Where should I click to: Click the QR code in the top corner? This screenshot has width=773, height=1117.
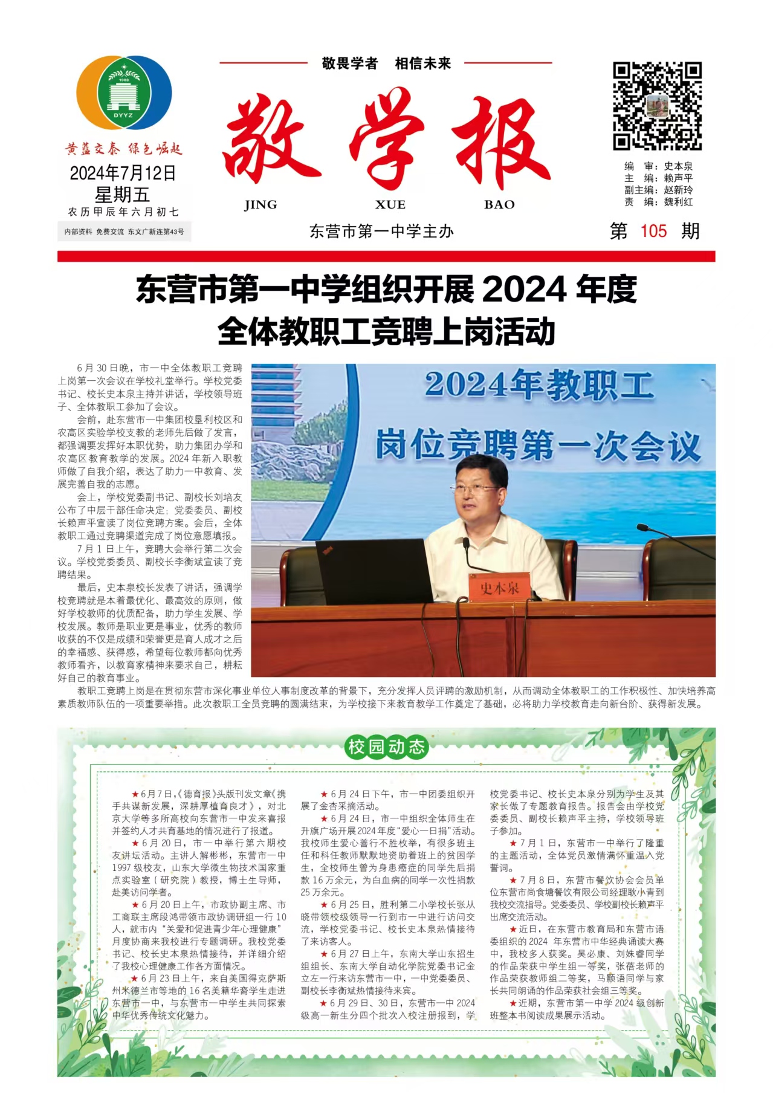[657, 106]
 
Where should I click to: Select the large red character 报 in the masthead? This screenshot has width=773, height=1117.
[501, 143]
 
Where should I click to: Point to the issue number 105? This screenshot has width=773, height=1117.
[653, 231]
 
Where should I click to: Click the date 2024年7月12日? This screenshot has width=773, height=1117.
[123, 173]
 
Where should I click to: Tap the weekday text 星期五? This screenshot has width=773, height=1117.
[122, 195]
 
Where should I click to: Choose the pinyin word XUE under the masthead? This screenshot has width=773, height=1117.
[390, 205]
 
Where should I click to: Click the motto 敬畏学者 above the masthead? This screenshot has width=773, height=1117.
[350, 63]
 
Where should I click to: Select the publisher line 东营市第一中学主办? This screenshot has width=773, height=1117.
[381, 231]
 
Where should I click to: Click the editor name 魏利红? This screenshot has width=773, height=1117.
[678, 202]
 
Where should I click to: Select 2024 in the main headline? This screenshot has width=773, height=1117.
[524, 290]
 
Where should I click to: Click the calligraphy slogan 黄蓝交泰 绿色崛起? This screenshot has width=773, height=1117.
[123, 149]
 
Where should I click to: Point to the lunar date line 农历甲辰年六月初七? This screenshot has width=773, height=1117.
[123, 212]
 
